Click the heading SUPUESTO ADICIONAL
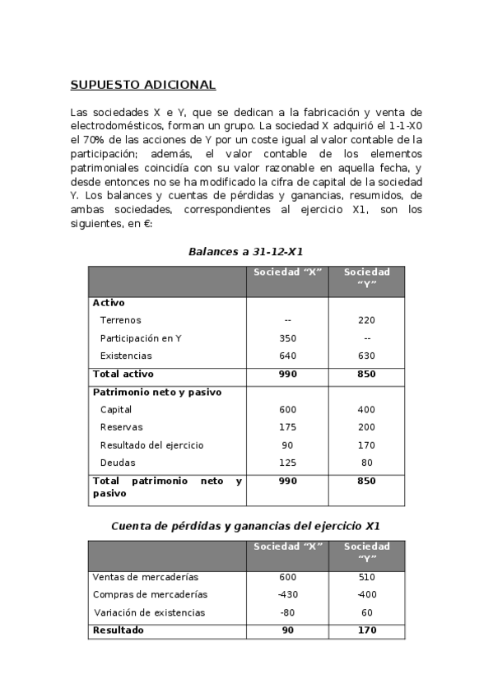tap(142, 85)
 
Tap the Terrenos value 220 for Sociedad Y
tap(366, 320)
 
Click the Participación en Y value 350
tap(287, 338)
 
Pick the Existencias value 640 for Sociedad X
tap(287, 356)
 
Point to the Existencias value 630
tap(366, 356)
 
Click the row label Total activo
tap(123, 374)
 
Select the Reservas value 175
tap(287, 427)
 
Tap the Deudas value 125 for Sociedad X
tap(287, 463)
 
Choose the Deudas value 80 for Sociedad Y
tap(366, 463)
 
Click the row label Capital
tap(116, 410)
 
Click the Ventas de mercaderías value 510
tap(366, 577)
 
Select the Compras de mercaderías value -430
tap(287, 594)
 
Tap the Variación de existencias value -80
tap(287, 612)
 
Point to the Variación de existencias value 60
tap(366, 612)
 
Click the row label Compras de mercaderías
tap(150, 594)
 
